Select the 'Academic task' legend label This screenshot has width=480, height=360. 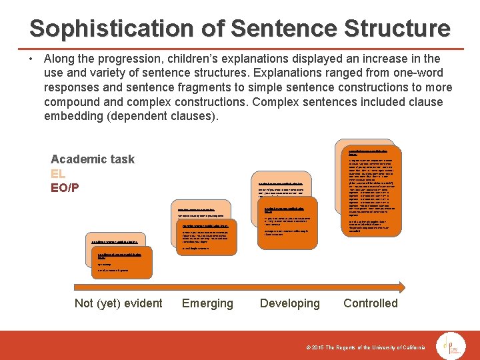(92, 159)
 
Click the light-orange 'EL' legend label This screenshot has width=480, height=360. (58, 173)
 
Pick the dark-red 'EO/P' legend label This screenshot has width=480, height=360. (65, 188)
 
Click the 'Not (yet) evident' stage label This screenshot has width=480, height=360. (118, 303)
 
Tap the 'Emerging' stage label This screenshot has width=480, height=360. (207, 303)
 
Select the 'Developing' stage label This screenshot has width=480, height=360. (289, 303)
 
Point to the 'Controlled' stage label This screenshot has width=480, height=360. (370, 303)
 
